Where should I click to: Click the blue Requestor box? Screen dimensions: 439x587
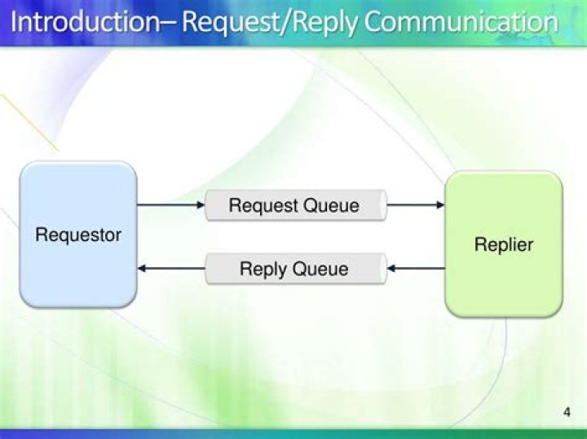pyautogui.click(x=78, y=235)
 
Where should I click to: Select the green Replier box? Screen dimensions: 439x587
pyautogui.click(x=503, y=244)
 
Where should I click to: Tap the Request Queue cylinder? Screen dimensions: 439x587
pyautogui.click(x=294, y=205)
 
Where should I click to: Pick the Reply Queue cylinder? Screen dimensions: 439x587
pyautogui.click(x=294, y=269)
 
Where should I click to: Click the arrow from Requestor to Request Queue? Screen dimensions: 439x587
pyautogui.click(x=170, y=205)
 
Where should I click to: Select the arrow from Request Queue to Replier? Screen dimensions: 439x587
pyautogui.click(x=415, y=205)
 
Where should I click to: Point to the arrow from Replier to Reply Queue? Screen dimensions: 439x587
pyautogui.click(x=416, y=268)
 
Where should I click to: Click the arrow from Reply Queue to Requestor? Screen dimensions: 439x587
pyautogui.click(x=170, y=268)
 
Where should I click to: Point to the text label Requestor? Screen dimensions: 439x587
pyautogui.click(x=78, y=235)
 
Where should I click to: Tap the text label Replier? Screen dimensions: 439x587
pyautogui.click(x=504, y=244)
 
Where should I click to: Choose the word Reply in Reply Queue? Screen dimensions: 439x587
pyautogui.click(x=261, y=269)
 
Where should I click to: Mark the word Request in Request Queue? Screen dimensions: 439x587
pyautogui.click(x=263, y=205)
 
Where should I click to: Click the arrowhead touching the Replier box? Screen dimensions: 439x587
pyautogui.click(x=440, y=205)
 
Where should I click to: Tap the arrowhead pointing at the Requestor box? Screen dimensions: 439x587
pyautogui.click(x=143, y=268)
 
